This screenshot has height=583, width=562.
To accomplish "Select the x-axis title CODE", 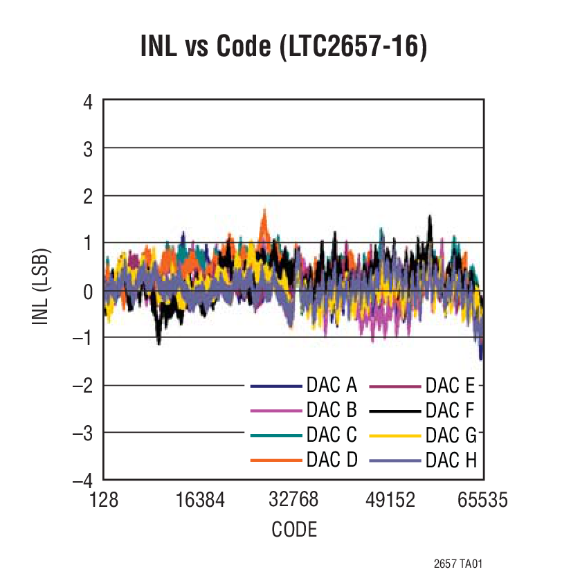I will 294,530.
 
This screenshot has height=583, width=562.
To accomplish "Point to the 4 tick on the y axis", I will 87,101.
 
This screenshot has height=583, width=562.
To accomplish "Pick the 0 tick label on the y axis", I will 87,291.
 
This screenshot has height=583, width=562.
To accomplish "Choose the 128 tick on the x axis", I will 104,499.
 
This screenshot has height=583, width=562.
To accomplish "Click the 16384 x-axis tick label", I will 199,499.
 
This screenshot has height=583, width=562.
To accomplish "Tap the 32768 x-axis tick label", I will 294,499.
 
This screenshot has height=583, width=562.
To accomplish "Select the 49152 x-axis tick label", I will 389,499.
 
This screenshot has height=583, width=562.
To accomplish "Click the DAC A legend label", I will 332,386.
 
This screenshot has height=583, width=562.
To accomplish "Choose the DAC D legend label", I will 332,460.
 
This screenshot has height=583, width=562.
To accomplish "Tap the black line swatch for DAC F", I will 395,411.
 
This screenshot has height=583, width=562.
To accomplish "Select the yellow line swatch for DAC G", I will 395,436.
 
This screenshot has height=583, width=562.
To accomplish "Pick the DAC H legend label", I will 451,460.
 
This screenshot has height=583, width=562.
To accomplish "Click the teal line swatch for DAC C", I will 276,436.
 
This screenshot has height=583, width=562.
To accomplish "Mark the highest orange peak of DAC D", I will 264,209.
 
